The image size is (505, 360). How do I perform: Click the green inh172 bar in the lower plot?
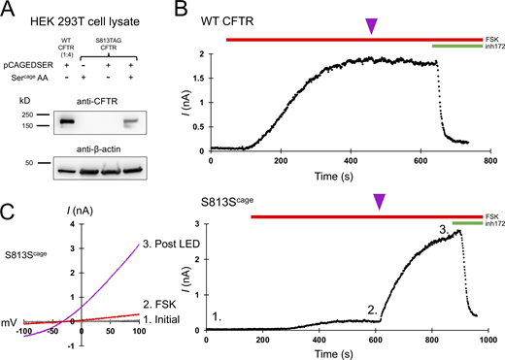point(464,222)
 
